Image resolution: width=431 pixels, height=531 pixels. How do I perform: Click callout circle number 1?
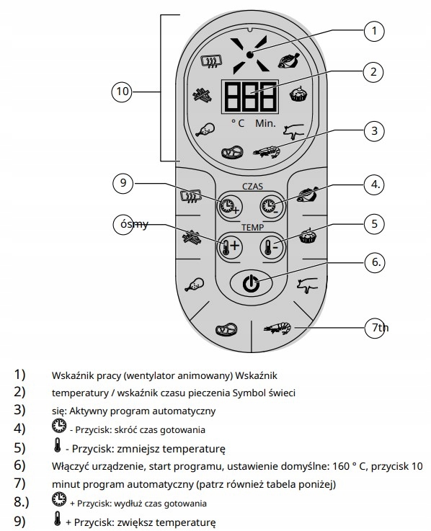pyautogui.click(x=374, y=31)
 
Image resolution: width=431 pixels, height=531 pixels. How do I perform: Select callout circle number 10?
pyautogui.click(x=123, y=91)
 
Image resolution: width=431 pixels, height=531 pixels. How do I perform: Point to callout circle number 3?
pyautogui.click(x=374, y=130)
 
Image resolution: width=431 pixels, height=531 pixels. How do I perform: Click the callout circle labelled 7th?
pyautogui.click(x=376, y=328)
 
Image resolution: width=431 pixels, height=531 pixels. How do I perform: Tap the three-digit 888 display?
pyautogui.click(x=250, y=97)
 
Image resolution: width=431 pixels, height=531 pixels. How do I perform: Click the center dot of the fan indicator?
pyautogui.click(x=250, y=55)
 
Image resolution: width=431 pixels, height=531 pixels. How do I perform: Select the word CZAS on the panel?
pyautogui.click(x=252, y=187)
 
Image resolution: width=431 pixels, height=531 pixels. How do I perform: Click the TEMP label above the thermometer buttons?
pyautogui.click(x=252, y=227)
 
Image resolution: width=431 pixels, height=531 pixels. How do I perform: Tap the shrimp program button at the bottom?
pyautogui.click(x=278, y=328)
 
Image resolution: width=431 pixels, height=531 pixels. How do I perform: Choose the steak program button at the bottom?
pyautogui.click(x=226, y=329)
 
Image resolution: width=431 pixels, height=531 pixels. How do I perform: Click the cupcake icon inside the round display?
pyautogui.click(x=298, y=94)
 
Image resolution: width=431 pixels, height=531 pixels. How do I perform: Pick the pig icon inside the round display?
pyautogui.click(x=293, y=131)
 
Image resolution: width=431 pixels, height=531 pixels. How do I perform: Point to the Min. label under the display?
pyautogui.click(x=265, y=123)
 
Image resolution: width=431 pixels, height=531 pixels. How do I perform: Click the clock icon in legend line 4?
pyautogui.click(x=59, y=426)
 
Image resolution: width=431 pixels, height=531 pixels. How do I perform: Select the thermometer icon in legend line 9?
pyautogui.click(x=58, y=518)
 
